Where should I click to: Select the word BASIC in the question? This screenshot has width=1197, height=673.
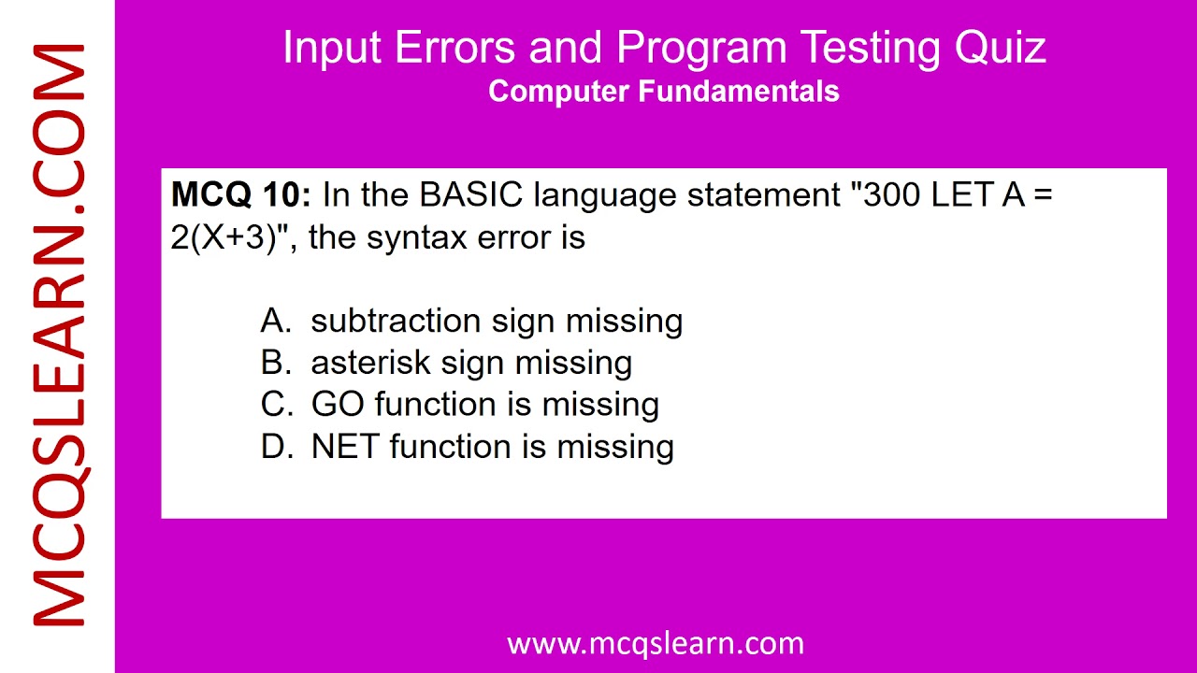click(x=471, y=195)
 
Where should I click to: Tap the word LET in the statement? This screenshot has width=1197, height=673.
click(x=962, y=195)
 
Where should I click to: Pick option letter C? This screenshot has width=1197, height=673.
click(x=274, y=405)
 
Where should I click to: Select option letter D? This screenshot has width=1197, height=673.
click(x=274, y=447)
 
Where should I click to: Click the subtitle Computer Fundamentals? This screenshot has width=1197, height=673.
click(x=663, y=92)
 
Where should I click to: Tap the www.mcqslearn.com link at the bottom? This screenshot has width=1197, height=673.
click(x=655, y=643)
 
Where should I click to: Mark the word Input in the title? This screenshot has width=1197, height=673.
click(x=332, y=48)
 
